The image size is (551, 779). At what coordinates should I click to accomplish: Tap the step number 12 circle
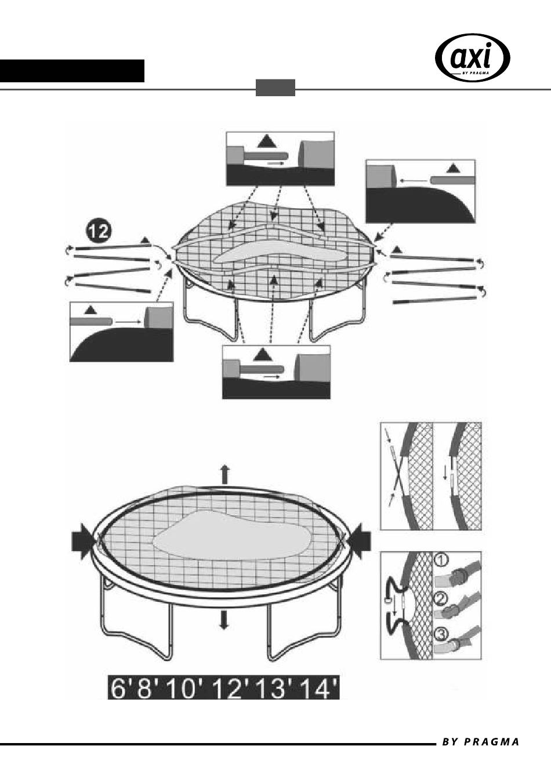(x=99, y=231)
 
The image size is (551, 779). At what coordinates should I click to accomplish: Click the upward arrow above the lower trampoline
(x=225, y=474)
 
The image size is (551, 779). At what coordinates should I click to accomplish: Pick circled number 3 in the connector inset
(x=441, y=634)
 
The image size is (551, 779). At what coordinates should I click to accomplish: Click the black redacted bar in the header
(x=72, y=71)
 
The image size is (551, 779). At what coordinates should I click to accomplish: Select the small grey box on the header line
(x=275, y=88)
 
